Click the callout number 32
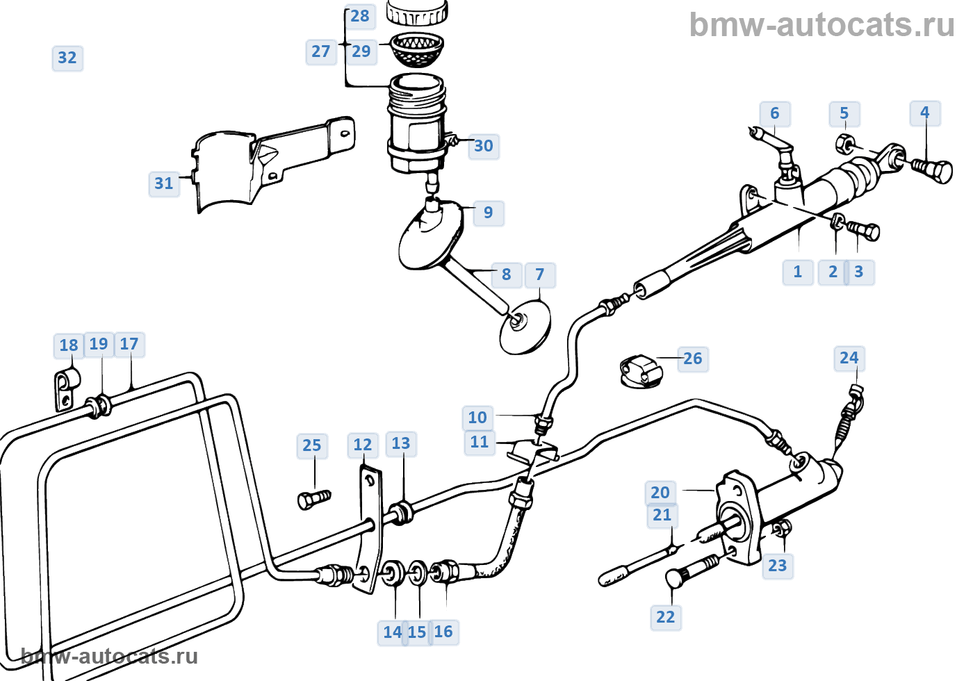(67, 58)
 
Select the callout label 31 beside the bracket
(164, 183)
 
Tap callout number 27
(320, 51)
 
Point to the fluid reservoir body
(416, 125)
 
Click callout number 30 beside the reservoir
(484, 146)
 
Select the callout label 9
(489, 213)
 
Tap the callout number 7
(540, 275)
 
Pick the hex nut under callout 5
(845, 145)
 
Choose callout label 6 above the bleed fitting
(775, 113)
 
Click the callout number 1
(798, 272)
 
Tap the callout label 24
(849, 358)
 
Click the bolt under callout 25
(313, 498)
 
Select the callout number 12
(363, 445)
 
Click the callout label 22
(666, 617)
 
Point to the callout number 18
(69, 345)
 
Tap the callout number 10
(477, 418)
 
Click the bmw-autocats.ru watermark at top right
(821, 25)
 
